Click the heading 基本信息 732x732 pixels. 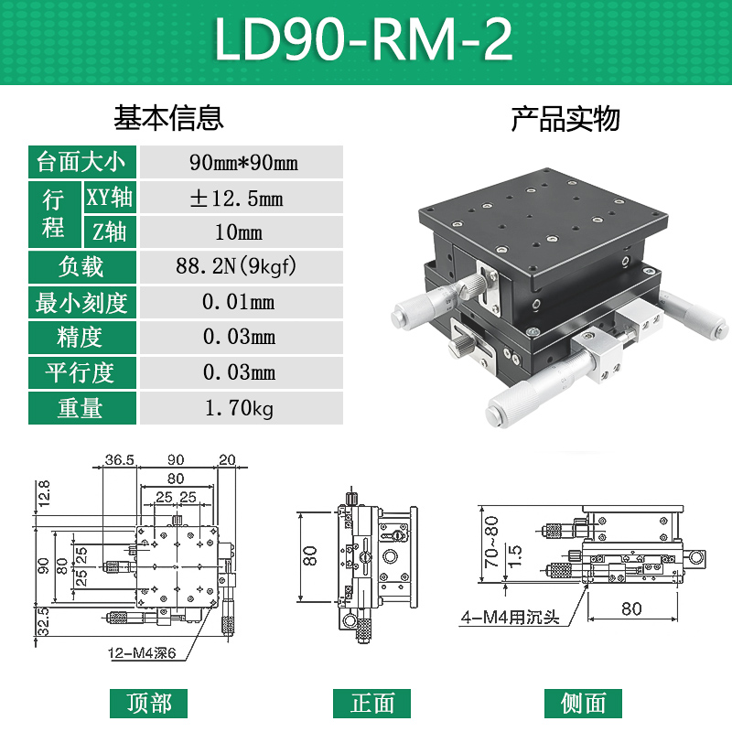point(168,118)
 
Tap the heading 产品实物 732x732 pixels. point(565,118)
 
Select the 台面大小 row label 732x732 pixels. point(80,163)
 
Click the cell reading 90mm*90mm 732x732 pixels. point(242,163)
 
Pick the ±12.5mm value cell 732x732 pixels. point(242,198)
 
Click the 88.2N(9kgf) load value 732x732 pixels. point(242,267)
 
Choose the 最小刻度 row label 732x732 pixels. point(80,302)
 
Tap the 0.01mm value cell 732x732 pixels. point(242,302)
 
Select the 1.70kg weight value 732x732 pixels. point(242,408)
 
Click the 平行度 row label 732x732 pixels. point(80,372)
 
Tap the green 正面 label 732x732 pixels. point(373,703)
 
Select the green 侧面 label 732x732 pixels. point(583,703)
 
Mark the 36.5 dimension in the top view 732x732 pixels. point(120,458)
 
